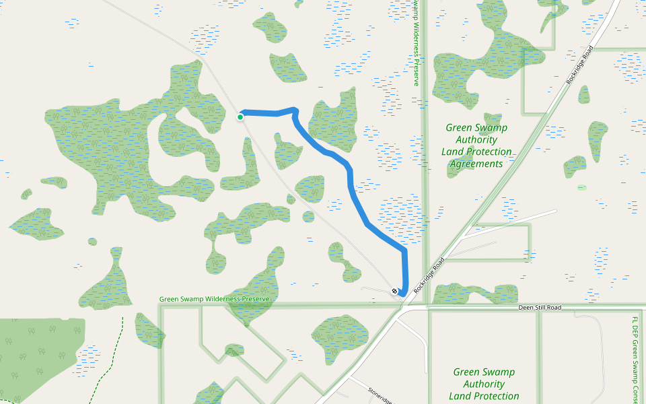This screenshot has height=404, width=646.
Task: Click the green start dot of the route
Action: click(x=240, y=117)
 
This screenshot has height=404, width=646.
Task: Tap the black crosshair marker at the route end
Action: click(x=394, y=291)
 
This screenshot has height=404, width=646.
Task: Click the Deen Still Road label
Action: click(x=540, y=308)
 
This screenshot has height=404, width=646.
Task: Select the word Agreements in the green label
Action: click(x=476, y=164)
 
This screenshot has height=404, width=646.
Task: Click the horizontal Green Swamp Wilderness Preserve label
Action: click(x=214, y=299)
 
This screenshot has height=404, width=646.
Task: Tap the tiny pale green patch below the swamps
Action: click(x=581, y=187)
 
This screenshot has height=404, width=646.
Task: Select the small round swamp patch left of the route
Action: click(x=308, y=217)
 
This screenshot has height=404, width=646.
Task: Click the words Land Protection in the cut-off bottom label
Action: click(x=484, y=396)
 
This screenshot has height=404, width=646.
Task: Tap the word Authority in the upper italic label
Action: click(x=476, y=140)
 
